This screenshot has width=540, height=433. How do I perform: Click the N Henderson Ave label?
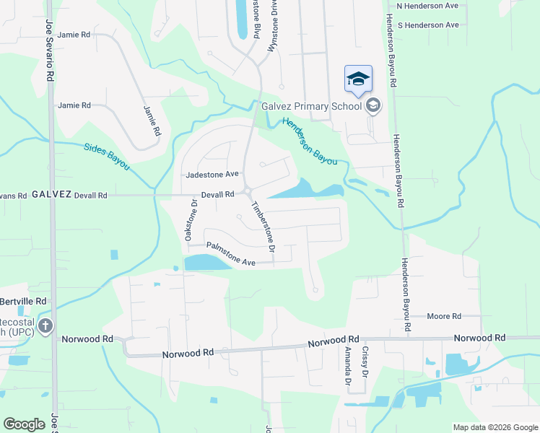coord(428,6)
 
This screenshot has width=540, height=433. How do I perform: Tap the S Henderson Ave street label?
coord(428,25)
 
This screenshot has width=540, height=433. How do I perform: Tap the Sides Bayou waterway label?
coord(106,155)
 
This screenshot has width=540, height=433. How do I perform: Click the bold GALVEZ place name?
coord(51,195)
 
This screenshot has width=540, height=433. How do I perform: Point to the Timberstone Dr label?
coord(264,226)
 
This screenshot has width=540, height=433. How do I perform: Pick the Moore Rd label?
coord(444,316)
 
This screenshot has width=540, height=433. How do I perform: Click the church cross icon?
coord(45,326)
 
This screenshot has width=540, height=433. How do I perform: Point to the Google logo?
coord(24,424)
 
